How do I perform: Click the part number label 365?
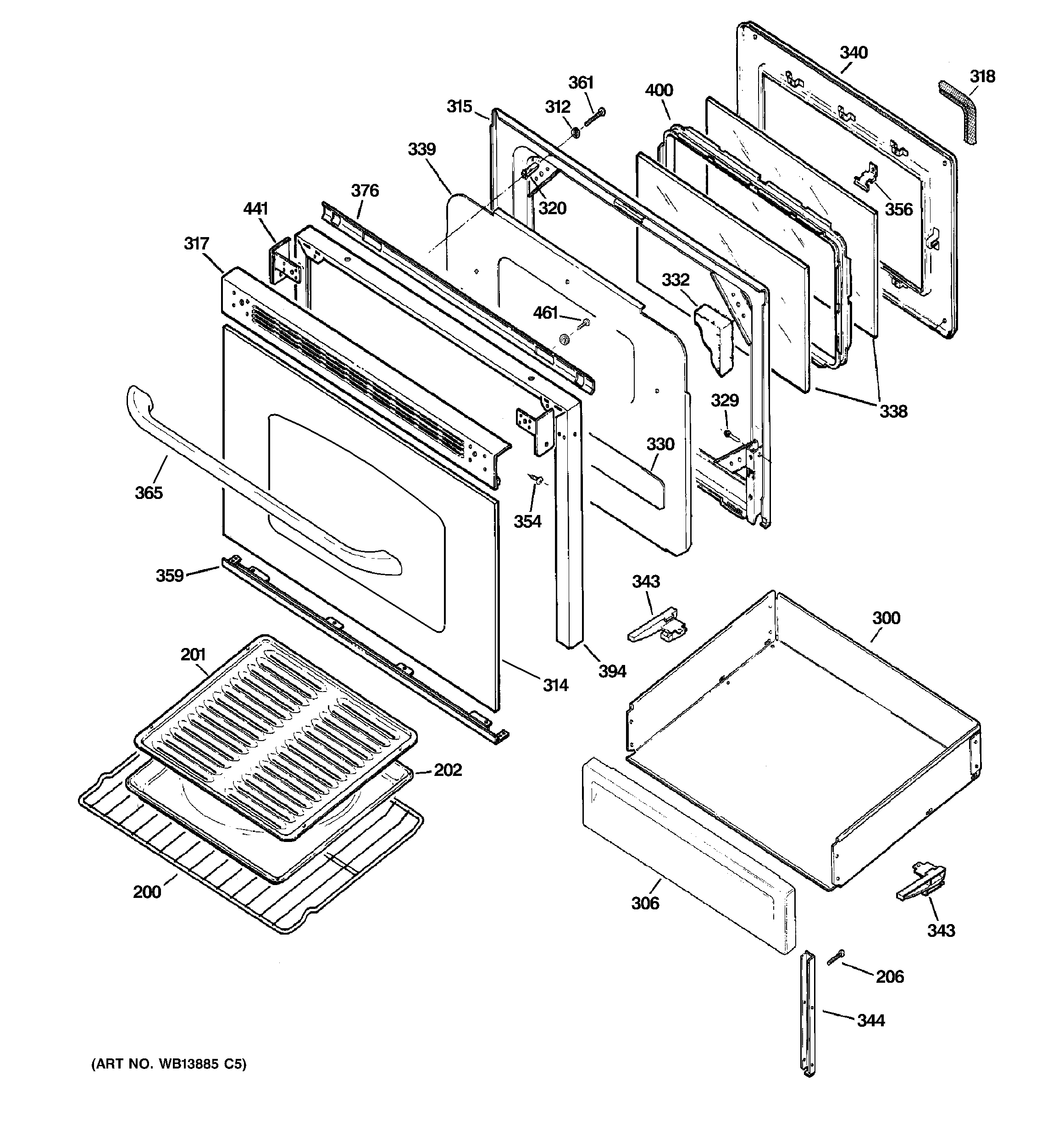click(x=149, y=493)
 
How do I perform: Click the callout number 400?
click(x=659, y=90)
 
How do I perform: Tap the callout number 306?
click(x=645, y=903)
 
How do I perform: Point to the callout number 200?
click(x=147, y=892)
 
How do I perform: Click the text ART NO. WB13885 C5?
click(x=169, y=1064)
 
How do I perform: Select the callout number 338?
click(x=892, y=411)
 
